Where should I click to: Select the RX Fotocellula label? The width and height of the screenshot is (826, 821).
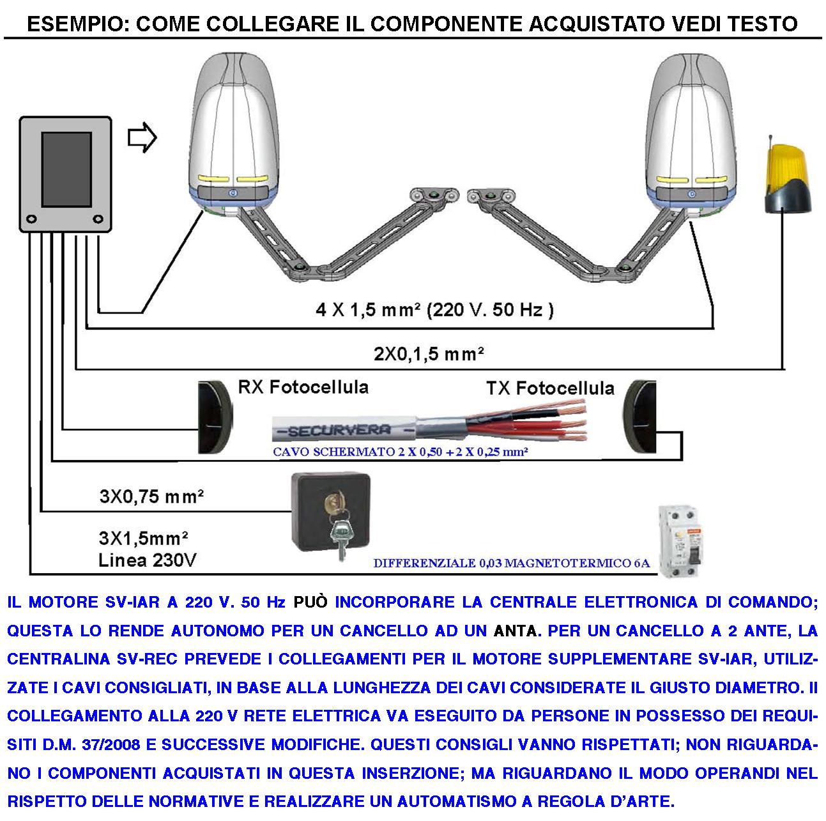(303, 387)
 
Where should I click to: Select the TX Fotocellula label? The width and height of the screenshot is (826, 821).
(550, 388)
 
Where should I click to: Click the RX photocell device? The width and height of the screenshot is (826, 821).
(214, 417)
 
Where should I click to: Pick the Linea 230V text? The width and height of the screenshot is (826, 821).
(147, 560)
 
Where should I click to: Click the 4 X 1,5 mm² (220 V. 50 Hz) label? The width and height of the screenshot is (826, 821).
(434, 310)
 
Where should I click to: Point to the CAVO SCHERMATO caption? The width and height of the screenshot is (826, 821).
(400, 452)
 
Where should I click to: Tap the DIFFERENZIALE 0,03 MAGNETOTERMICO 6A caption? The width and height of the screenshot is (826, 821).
(511, 564)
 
